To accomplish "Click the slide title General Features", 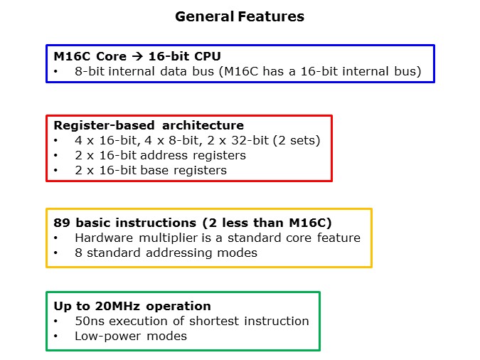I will [240, 16].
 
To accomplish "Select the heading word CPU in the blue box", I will [186, 57].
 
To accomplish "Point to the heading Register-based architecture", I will [149, 126].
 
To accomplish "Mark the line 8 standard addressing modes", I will [166, 253].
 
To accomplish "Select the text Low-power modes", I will [131, 336].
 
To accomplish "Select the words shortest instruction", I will [258, 321].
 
